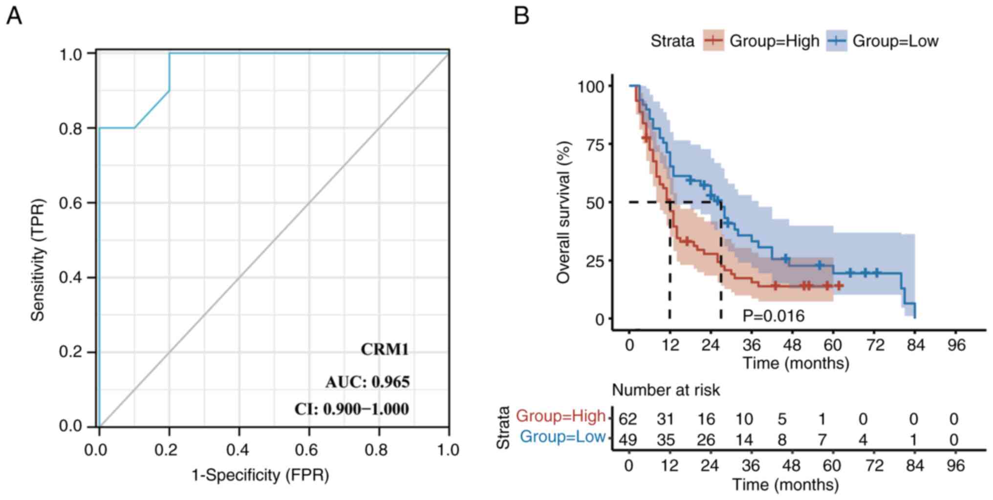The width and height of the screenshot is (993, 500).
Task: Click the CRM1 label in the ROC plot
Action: (385, 350)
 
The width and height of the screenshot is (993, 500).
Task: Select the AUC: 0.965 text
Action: (367, 382)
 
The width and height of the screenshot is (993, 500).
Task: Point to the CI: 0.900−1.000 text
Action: (351, 409)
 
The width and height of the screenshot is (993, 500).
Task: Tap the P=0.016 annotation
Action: (773, 316)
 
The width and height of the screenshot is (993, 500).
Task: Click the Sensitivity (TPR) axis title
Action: (38, 260)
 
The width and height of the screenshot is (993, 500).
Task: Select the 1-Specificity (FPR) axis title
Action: (260, 475)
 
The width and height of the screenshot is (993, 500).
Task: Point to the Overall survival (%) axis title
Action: (563, 212)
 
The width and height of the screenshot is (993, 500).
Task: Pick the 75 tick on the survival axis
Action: (594, 144)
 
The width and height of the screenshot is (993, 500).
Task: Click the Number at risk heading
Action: (666, 390)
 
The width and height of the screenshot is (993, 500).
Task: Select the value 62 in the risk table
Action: (628, 419)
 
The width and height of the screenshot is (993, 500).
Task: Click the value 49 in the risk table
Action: (628, 440)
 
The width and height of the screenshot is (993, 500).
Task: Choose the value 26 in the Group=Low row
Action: (707, 440)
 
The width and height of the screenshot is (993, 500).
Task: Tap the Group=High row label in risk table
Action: (561, 416)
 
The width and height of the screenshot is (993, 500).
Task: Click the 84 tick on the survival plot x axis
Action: (915, 345)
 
